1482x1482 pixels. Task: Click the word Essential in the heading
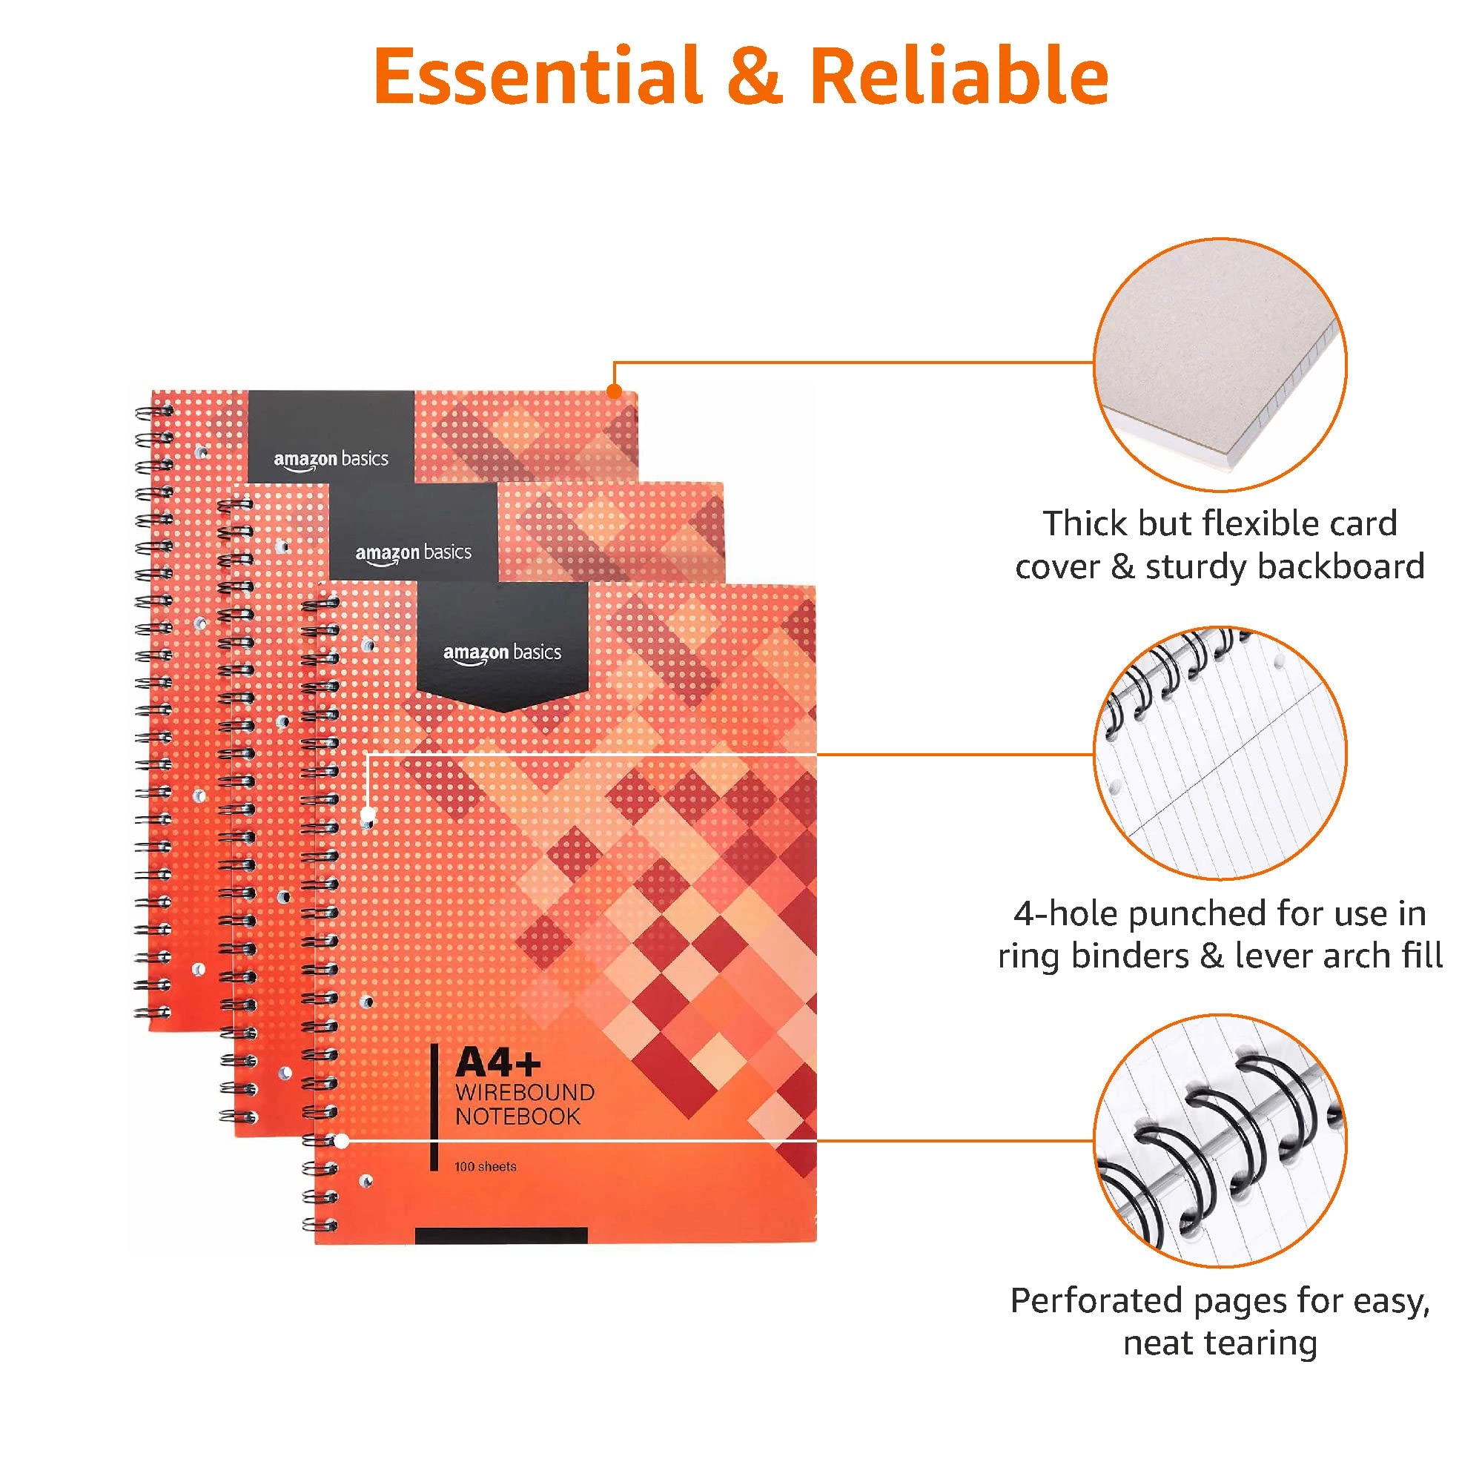point(537,76)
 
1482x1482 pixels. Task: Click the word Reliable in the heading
point(959,76)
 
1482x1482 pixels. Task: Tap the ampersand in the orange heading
point(755,76)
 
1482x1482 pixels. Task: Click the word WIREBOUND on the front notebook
point(525,1092)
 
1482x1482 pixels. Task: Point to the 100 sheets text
point(485,1167)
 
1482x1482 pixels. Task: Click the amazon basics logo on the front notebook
point(503,653)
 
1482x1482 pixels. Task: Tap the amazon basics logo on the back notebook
point(331,460)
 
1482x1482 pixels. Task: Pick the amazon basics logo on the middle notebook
point(414,552)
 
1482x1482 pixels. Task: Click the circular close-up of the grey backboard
point(1220,364)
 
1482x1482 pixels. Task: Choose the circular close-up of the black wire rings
point(1220,1141)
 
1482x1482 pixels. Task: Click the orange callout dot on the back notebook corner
point(615,392)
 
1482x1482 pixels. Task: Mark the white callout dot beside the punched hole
point(368,814)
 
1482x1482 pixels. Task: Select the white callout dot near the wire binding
point(342,1142)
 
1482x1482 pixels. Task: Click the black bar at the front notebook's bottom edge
point(501,1235)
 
